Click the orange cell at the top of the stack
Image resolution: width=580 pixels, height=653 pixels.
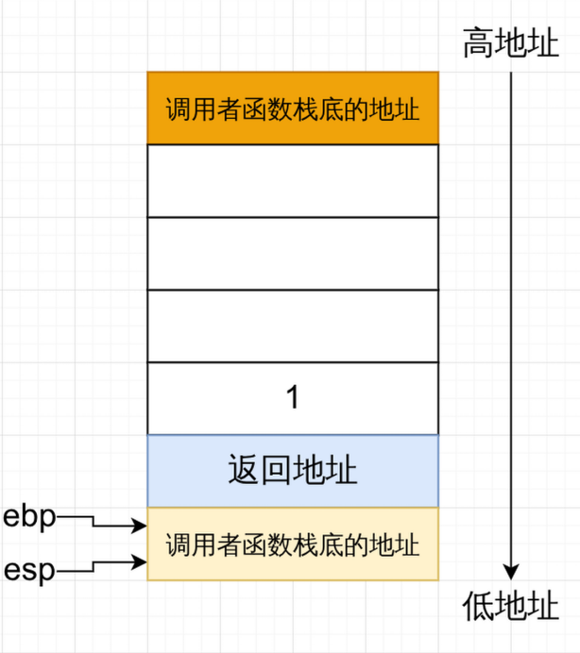tap(293, 108)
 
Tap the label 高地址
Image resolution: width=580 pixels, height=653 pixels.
tap(510, 43)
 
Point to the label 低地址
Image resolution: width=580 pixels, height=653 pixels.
tap(510, 606)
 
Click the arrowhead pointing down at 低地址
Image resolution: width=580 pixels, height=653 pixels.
tap(510, 571)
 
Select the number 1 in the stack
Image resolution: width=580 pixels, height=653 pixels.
tap(293, 398)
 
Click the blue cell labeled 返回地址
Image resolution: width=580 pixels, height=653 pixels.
tap(293, 470)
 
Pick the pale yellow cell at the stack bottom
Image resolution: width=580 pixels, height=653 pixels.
tap(293, 544)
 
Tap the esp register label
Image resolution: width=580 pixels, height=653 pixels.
tap(30, 569)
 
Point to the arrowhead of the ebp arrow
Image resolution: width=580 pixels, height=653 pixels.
tap(140, 526)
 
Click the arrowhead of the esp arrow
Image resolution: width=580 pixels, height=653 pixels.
tap(140, 562)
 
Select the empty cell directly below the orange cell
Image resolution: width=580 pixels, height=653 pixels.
tap(293, 180)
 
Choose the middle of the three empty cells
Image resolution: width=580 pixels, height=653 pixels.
tap(293, 253)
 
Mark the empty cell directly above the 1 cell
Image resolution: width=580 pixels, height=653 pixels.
tap(293, 326)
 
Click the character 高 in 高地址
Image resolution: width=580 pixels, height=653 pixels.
tap(478, 43)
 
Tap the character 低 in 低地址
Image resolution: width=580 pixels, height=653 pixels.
tap(478, 606)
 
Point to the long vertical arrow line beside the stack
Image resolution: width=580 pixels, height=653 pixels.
tap(510, 311)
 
